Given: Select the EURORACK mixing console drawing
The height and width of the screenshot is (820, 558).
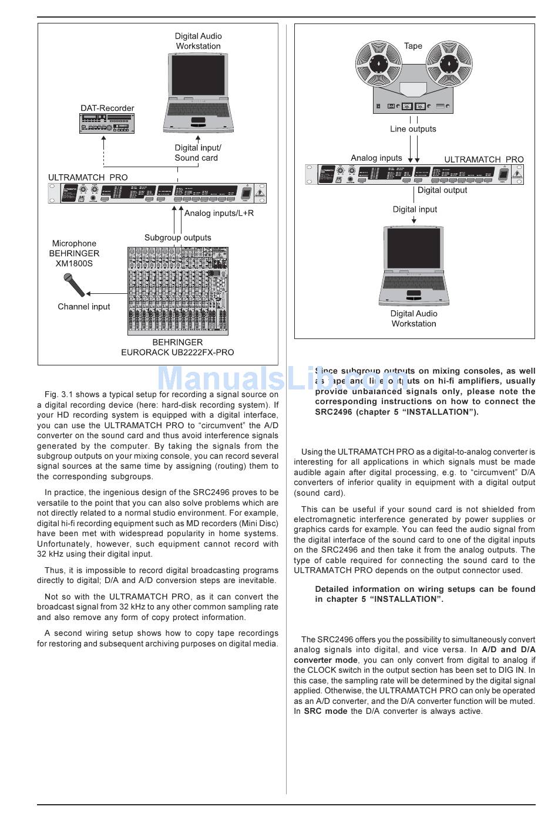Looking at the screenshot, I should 178,291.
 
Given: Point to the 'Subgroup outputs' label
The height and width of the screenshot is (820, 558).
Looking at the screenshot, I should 177,238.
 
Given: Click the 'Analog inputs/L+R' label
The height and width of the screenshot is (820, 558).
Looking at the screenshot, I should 219,213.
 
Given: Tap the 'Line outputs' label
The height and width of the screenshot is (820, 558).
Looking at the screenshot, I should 413,129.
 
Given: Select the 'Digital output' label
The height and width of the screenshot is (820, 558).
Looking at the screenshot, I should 442,190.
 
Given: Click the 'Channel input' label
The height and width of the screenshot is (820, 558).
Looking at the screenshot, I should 83,306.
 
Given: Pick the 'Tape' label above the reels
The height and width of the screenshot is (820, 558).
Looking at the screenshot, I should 413,46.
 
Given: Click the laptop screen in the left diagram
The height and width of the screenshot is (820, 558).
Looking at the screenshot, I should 198,76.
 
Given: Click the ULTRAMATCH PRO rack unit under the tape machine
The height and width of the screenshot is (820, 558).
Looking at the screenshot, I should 414,174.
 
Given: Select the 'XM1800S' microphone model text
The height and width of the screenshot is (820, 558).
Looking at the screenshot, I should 74,263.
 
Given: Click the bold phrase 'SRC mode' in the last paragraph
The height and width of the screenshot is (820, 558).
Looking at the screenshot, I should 325,711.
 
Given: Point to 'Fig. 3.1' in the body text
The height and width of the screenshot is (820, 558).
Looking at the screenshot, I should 58,394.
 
